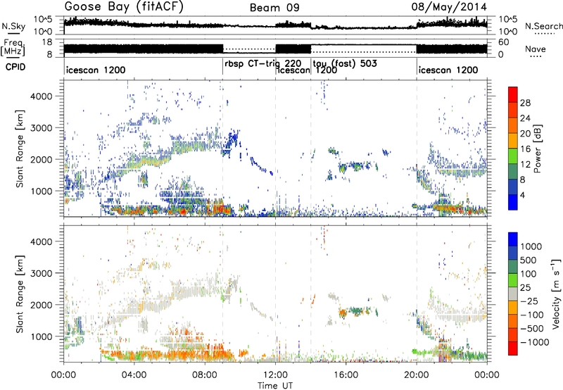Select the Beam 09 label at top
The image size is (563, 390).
(x=275, y=8)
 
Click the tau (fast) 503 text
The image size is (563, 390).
(x=346, y=63)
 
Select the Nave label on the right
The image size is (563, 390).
(x=538, y=50)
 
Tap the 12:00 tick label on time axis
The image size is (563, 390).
(x=276, y=374)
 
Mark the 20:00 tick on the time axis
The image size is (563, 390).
(x=417, y=374)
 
